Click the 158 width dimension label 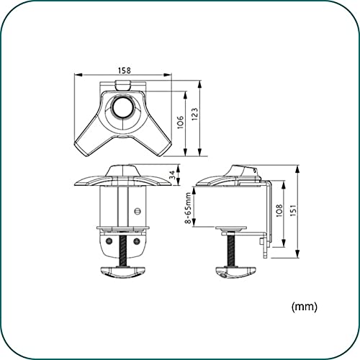(125, 71)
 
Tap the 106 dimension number (180, 122)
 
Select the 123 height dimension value (194, 114)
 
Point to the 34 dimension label (172, 175)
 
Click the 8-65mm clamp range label (188, 208)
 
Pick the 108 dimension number (279, 211)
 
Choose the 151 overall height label (293, 211)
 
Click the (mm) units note (305, 307)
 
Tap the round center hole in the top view (123, 107)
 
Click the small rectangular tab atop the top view (123, 85)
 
